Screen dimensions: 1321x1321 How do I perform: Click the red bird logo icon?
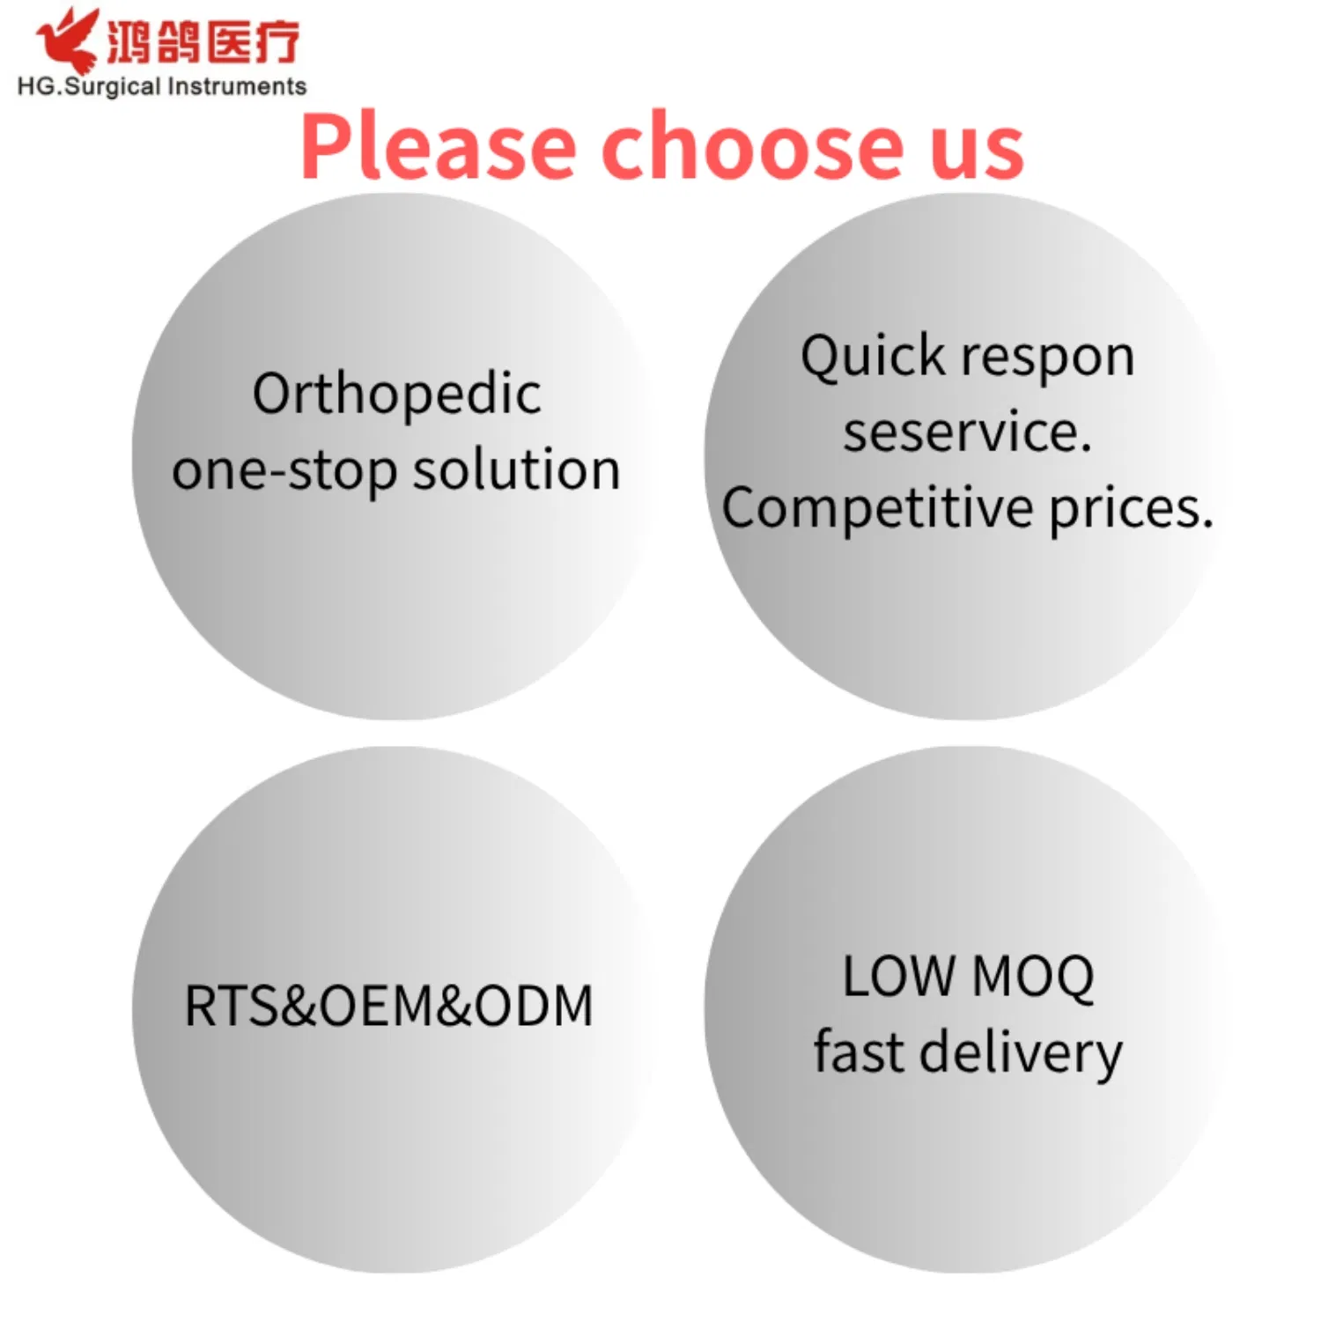click(66, 40)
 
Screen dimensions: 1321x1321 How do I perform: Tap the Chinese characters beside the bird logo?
click(203, 42)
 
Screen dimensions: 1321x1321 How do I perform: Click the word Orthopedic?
click(396, 395)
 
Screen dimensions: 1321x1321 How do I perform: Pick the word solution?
click(517, 469)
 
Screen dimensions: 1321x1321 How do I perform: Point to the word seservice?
click(967, 432)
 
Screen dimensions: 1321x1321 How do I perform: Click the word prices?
click(1131, 509)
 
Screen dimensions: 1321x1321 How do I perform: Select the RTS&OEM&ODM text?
click(388, 1006)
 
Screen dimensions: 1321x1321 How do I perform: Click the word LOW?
click(897, 977)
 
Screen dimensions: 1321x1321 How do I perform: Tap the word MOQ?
click(1034, 978)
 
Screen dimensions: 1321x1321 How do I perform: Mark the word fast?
click(858, 1052)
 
